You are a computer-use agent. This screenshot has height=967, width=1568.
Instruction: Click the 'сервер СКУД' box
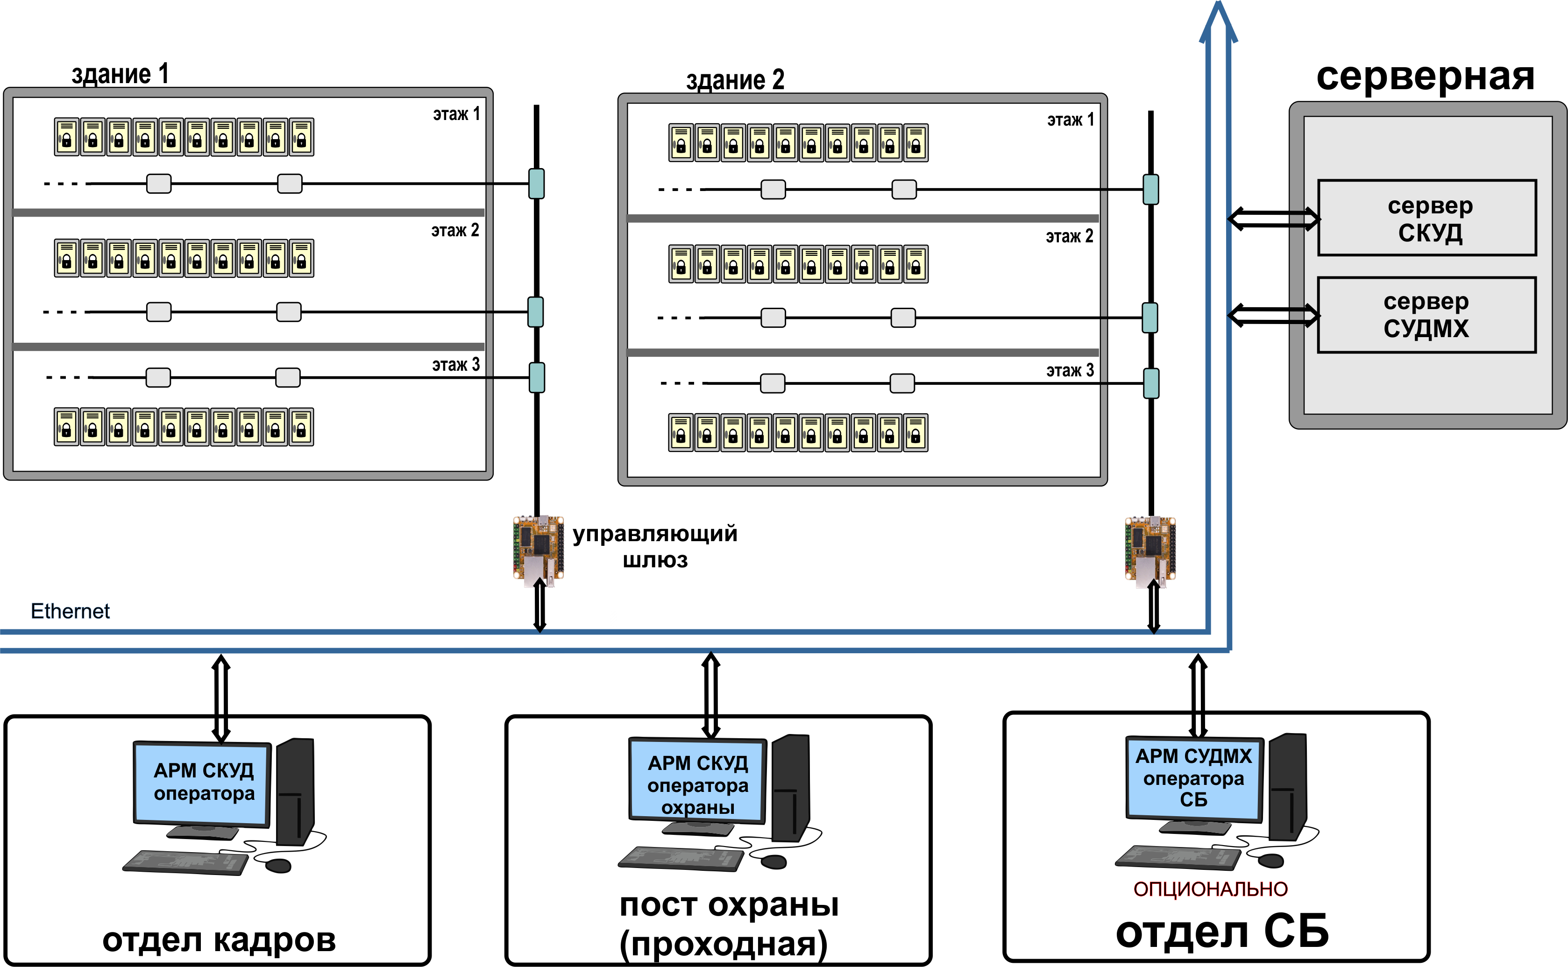pos(1426,218)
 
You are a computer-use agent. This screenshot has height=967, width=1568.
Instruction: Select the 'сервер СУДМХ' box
pos(1426,315)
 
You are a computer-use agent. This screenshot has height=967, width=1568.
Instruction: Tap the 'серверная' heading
pos(1426,76)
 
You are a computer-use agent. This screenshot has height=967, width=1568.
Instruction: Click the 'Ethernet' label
pos(71,611)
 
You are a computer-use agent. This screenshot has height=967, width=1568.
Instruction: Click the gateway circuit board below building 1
pos(538,550)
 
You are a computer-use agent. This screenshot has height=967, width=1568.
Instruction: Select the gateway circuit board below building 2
pos(1150,551)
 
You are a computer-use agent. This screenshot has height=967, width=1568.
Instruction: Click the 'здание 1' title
pos(120,74)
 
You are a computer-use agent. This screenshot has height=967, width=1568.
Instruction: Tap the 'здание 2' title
pos(735,80)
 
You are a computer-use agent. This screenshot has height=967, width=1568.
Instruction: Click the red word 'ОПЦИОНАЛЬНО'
pos(1210,889)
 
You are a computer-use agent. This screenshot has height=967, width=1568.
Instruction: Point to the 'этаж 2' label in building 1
pos(455,230)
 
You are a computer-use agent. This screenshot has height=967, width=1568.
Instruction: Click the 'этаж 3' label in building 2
pos(1070,370)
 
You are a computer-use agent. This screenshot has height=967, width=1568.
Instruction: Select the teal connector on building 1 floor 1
pos(537,184)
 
